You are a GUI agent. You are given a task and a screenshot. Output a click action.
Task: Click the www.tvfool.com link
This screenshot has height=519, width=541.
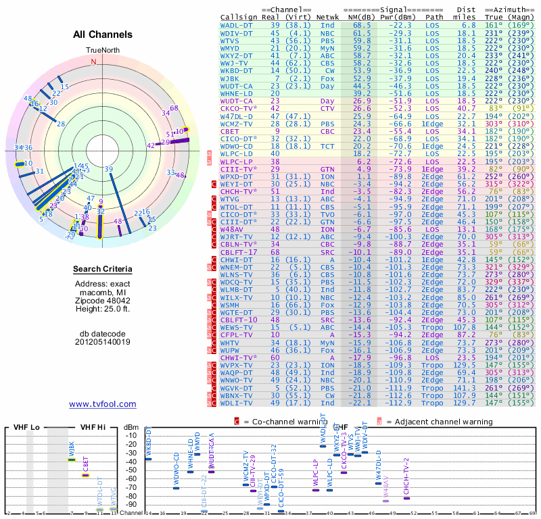tap(102, 404)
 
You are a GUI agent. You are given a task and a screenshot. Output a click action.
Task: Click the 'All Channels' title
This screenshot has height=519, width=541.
tap(102, 34)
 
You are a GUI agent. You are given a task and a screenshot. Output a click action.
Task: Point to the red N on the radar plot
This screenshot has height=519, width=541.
tap(94, 61)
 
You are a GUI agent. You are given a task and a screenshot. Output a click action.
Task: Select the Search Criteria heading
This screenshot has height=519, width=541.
tap(103, 270)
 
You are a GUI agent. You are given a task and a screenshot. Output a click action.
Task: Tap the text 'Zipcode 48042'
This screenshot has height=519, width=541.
tap(103, 300)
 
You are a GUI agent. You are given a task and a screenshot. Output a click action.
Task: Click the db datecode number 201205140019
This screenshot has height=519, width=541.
tap(103, 342)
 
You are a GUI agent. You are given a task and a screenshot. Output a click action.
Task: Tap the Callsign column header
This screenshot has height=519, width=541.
tap(238, 17)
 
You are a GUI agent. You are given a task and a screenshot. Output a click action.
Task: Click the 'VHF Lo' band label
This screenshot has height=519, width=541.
tap(25, 428)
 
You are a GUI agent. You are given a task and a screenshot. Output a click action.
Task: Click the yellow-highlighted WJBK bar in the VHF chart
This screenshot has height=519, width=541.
tap(71, 460)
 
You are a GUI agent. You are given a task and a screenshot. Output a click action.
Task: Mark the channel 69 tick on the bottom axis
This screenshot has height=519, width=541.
tap(533, 514)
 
